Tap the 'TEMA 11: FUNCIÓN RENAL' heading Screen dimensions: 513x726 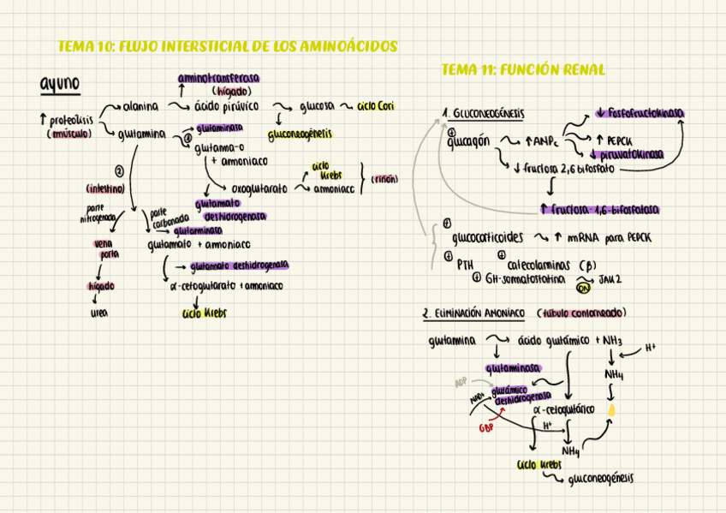[x=522, y=69]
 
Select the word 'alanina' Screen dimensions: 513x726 [x=140, y=107]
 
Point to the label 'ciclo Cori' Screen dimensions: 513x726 [x=375, y=107]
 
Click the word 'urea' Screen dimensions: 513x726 [x=99, y=313]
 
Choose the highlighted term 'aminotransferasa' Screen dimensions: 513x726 [x=219, y=78]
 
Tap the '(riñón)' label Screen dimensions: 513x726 [x=384, y=179]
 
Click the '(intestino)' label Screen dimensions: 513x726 [x=105, y=188]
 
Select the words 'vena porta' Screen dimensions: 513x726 [x=109, y=248]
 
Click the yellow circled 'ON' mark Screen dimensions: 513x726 [x=584, y=288]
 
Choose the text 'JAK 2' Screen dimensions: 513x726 [x=610, y=279]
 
